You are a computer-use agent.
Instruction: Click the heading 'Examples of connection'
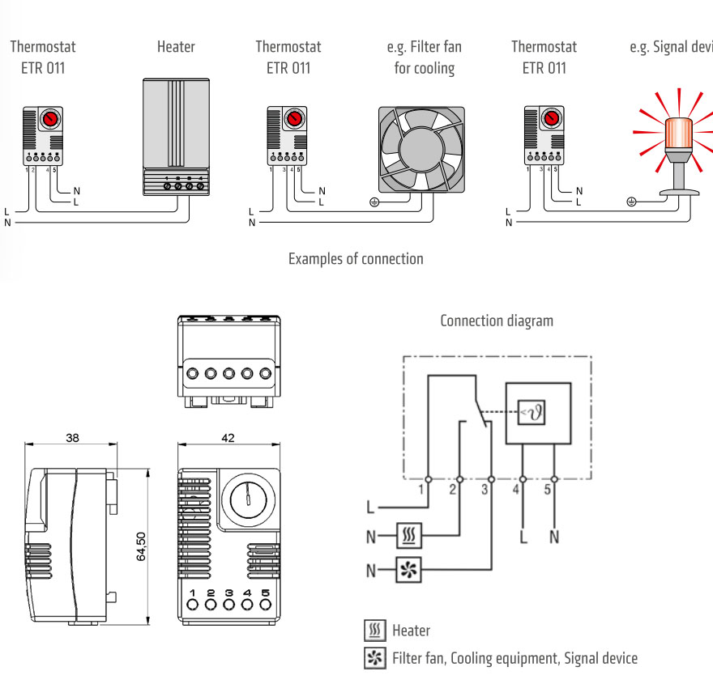tap(356, 259)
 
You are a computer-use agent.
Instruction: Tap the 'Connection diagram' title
tap(497, 321)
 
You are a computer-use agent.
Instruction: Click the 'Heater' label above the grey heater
tap(176, 47)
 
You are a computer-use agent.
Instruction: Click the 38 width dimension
tap(71, 438)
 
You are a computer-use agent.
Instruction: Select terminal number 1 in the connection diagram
tap(421, 489)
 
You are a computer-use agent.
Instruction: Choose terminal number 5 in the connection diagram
tap(547, 489)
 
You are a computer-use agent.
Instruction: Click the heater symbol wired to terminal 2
tap(409, 535)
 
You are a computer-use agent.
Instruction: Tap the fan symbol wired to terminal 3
tap(409, 571)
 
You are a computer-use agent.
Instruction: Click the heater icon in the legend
tap(374, 630)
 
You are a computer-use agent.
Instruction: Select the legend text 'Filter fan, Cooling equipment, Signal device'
tap(514, 658)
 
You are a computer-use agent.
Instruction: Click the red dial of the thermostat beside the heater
tap(50, 118)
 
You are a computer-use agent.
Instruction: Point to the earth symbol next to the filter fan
tap(374, 202)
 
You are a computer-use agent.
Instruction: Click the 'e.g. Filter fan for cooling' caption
tap(424, 57)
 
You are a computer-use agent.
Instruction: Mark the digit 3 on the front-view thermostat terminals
tap(229, 593)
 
